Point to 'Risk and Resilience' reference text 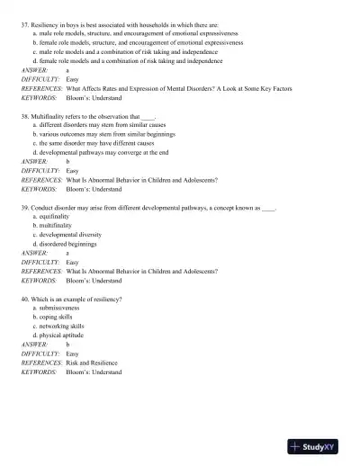94,363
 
